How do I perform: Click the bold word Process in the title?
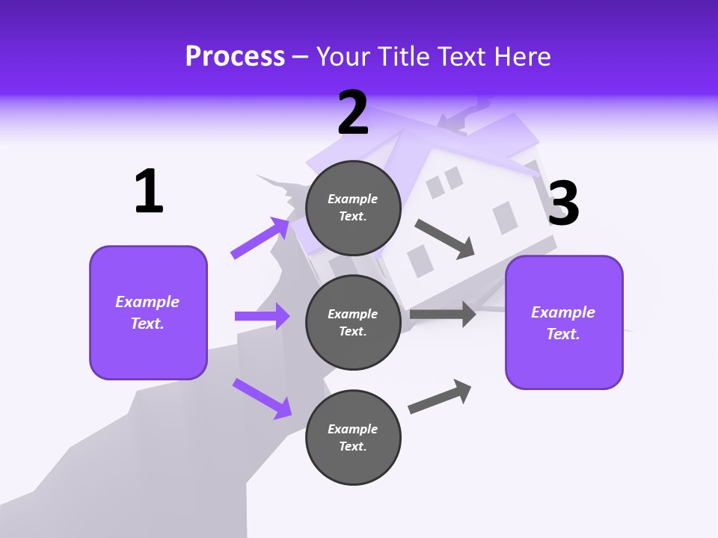pyautogui.click(x=235, y=57)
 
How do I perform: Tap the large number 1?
pyautogui.click(x=149, y=191)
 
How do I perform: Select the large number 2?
pyautogui.click(x=353, y=113)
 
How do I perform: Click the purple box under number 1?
pyautogui.click(x=148, y=312)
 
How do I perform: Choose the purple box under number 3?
pyautogui.click(x=564, y=322)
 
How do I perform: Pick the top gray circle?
pyautogui.click(x=353, y=208)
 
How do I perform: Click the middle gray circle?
pyautogui.click(x=353, y=322)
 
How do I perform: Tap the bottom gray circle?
pyautogui.click(x=353, y=437)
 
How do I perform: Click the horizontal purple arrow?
pyautogui.click(x=262, y=316)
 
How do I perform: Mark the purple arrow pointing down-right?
pyautogui.click(x=262, y=398)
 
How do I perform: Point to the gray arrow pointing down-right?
pyautogui.click(x=446, y=238)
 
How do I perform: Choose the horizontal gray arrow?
pyautogui.click(x=443, y=314)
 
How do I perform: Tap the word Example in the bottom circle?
pyautogui.click(x=353, y=429)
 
